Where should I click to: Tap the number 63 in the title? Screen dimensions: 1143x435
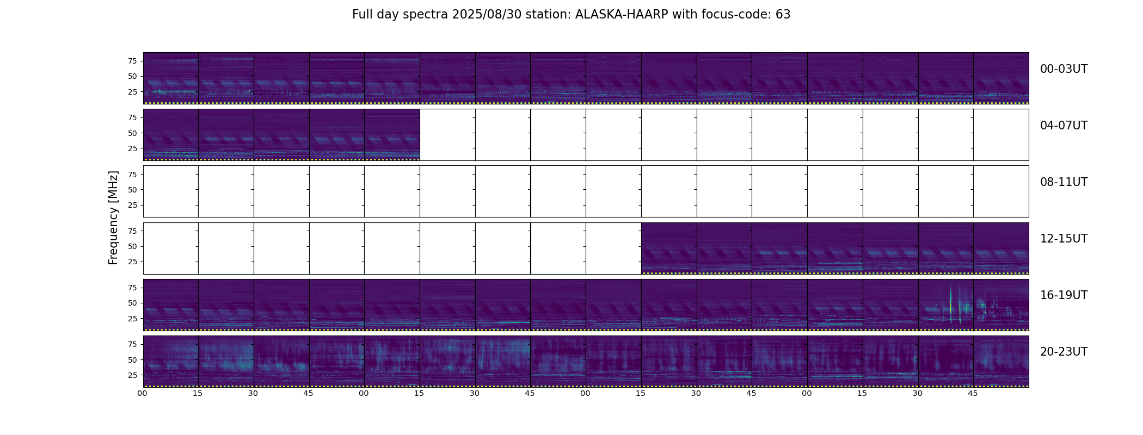[x=783, y=15]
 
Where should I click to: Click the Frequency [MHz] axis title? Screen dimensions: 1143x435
[x=113, y=218]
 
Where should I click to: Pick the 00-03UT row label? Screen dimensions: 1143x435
[x=1064, y=69]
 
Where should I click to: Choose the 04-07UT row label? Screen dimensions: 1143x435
[x=1064, y=126]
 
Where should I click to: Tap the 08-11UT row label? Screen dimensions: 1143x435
[x=1064, y=182]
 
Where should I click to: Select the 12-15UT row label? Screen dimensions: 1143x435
[x=1064, y=239]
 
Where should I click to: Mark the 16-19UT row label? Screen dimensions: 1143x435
[x=1064, y=295]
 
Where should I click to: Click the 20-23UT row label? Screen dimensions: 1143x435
[x=1064, y=352]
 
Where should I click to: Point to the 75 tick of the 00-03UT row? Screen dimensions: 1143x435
[x=132, y=61]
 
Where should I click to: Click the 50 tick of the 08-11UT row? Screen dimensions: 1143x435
[x=132, y=190]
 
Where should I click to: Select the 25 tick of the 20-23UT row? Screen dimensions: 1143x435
[x=132, y=375]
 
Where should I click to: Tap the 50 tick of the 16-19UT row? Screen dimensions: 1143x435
[x=132, y=303]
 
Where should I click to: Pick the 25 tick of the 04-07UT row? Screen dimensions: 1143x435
[x=132, y=148]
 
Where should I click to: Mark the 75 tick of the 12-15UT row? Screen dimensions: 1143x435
[x=132, y=231]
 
